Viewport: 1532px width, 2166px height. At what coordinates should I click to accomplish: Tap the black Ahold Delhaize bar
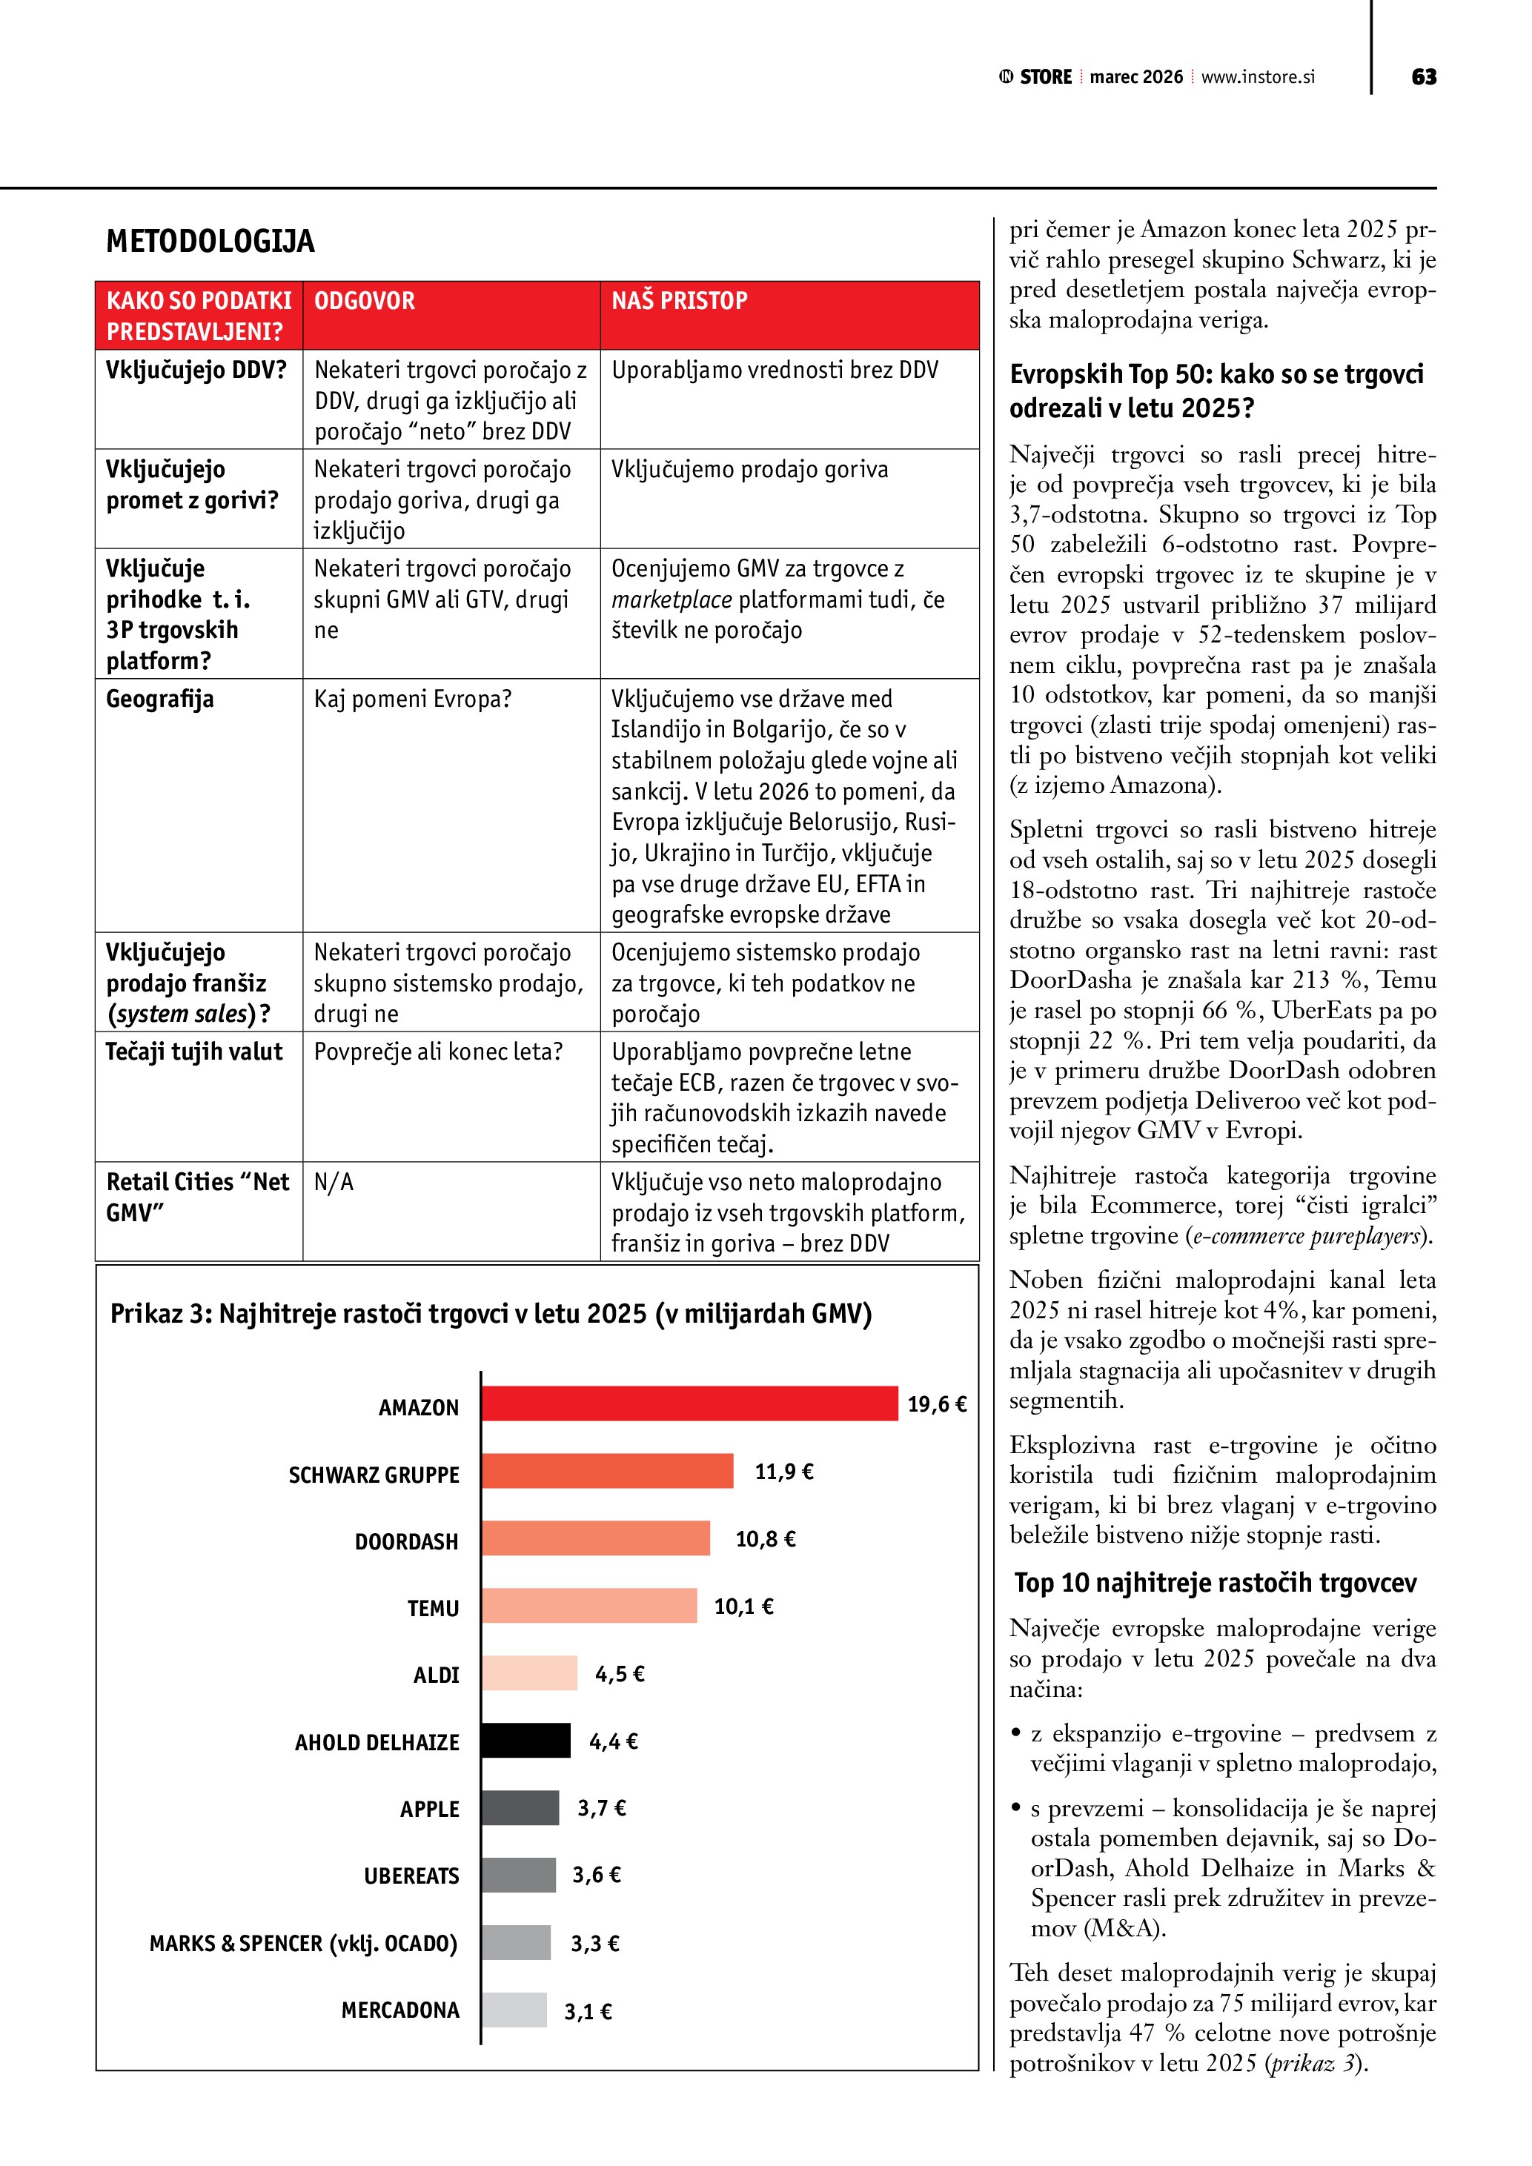(525, 1741)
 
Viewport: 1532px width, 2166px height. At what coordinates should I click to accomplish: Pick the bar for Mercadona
(514, 2010)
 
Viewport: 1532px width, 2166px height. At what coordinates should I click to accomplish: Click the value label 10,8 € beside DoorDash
(765, 1538)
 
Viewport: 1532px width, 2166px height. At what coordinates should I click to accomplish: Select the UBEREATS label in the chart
(411, 1876)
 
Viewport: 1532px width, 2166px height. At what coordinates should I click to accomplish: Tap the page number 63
(1424, 77)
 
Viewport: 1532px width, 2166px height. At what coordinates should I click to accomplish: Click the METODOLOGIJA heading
(210, 242)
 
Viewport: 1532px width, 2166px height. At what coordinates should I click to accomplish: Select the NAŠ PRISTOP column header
(679, 301)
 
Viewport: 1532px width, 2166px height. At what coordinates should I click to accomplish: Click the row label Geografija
(159, 699)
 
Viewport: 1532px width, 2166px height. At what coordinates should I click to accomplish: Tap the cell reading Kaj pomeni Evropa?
(412, 699)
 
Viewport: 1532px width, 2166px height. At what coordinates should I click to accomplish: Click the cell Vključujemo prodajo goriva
(749, 469)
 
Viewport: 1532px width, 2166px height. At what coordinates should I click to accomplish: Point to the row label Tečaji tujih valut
(193, 1052)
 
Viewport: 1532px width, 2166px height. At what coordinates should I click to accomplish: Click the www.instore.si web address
(1258, 77)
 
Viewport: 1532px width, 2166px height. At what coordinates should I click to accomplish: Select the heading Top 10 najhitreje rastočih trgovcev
(1215, 1582)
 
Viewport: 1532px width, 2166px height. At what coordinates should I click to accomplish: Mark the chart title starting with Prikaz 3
(491, 1313)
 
